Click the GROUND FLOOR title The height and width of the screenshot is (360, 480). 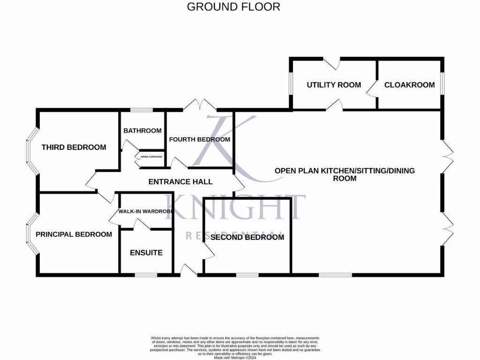[x=233, y=7]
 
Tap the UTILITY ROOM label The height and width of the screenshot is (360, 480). [x=334, y=85]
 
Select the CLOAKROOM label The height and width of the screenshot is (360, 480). [x=409, y=85]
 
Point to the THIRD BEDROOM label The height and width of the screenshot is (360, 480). [x=74, y=147]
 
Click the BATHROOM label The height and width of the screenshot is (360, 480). [x=142, y=131]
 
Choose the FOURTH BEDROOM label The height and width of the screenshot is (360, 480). [x=199, y=139]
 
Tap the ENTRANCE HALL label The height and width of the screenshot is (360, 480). [x=180, y=181]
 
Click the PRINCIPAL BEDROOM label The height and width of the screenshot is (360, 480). [x=74, y=234]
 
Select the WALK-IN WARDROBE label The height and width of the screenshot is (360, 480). [x=144, y=211]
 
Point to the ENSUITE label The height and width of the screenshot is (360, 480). [x=146, y=253]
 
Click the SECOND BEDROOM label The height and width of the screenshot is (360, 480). [x=247, y=237]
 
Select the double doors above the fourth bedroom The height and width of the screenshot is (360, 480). [x=199, y=106]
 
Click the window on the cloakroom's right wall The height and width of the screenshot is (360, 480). [x=442, y=84]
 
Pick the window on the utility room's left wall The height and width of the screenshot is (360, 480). [x=291, y=84]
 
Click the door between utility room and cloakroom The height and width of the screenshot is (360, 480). [x=374, y=87]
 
